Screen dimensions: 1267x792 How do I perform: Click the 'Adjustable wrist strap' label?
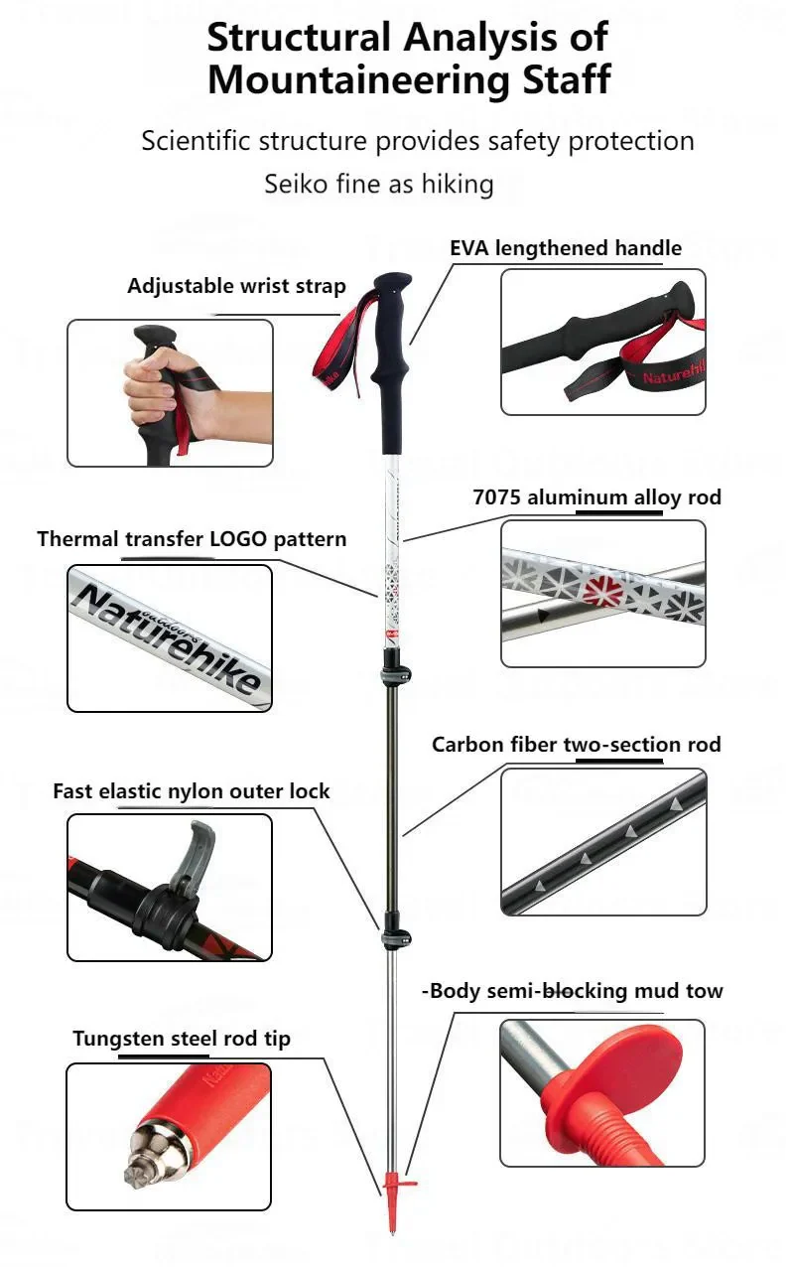tap(236, 287)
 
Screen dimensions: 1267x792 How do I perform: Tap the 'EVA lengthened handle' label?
tap(566, 248)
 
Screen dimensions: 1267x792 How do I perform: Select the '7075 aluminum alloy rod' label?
tap(596, 497)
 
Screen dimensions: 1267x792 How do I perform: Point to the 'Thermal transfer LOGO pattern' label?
tap(192, 539)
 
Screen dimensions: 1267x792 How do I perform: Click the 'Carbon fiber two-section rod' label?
tap(576, 745)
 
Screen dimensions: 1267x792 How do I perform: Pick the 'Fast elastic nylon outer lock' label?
tap(191, 791)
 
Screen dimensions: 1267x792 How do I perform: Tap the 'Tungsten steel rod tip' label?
tap(182, 1039)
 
